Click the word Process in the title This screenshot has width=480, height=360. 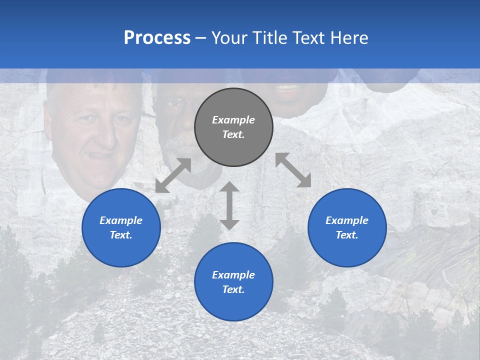[x=157, y=37]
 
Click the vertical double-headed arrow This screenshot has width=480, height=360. [x=229, y=205]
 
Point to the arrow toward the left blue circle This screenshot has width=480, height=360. [x=173, y=175]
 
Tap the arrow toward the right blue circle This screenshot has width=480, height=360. [x=293, y=170]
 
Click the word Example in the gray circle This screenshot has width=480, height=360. [x=233, y=120]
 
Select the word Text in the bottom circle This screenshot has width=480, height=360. [x=232, y=289]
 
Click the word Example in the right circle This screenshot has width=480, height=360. [x=347, y=220]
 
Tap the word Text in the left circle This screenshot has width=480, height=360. [x=120, y=235]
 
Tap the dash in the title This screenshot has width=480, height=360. [x=200, y=37]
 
